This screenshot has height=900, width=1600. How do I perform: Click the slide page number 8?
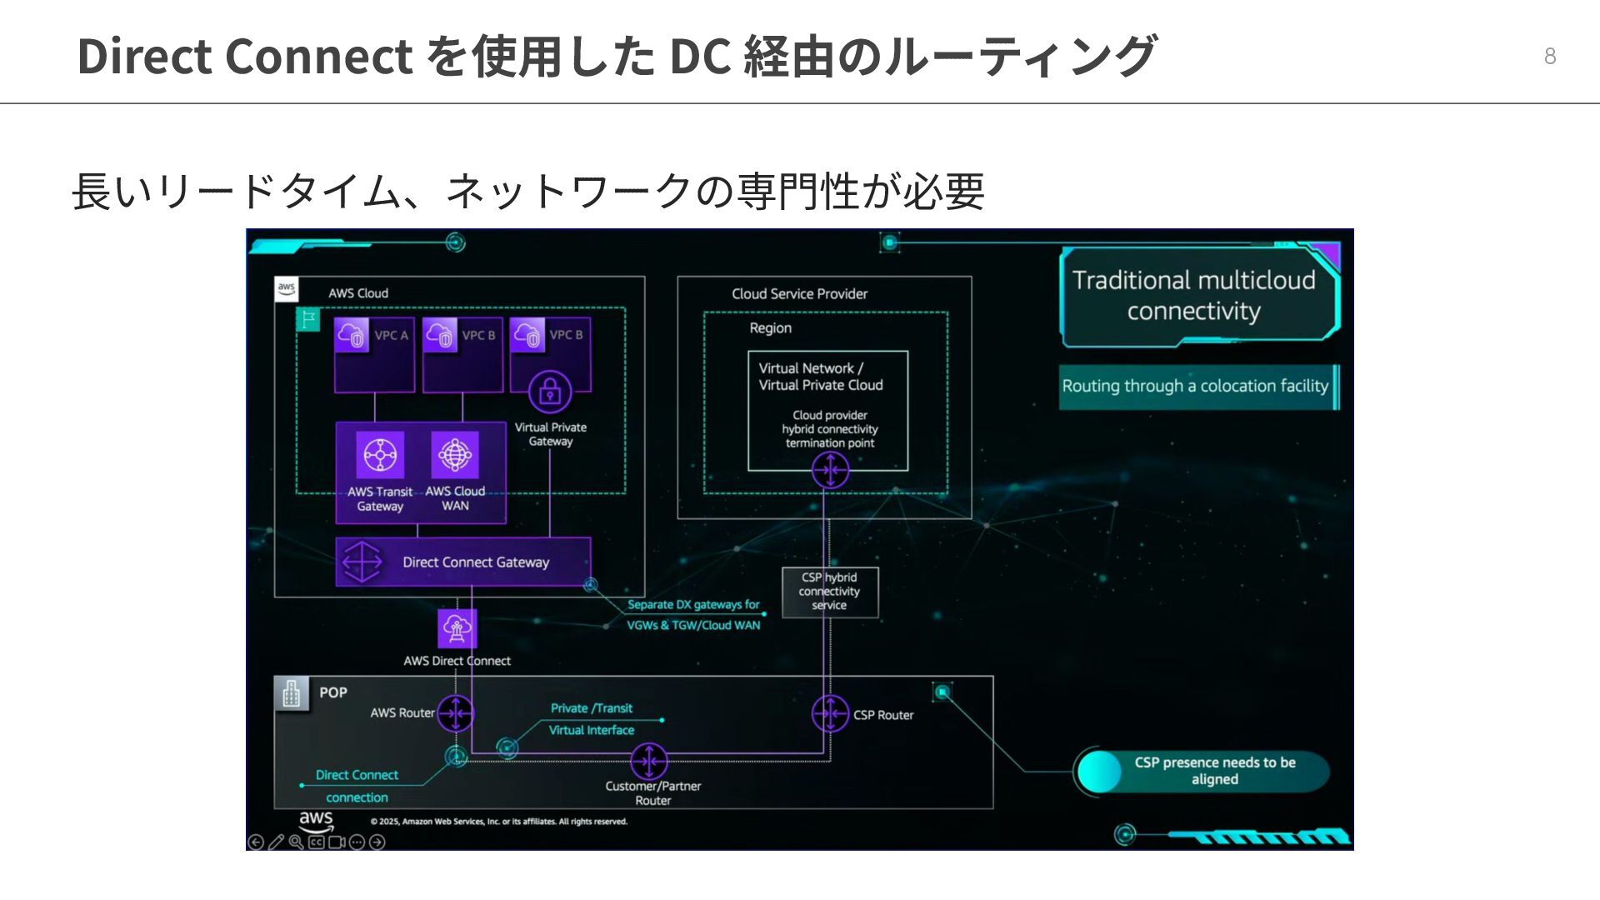tap(1549, 56)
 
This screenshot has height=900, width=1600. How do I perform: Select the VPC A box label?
tap(391, 335)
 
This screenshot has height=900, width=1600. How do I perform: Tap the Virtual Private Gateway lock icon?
tap(550, 392)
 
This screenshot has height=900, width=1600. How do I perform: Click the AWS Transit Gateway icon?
tap(380, 455)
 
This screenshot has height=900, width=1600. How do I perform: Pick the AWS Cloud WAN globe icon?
tap(455, 455)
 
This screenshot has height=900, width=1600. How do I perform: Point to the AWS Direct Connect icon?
tap(457, 628)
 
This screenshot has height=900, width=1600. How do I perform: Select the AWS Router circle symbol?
tap(456, 713)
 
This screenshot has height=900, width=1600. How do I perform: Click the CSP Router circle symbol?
tap(830, 714)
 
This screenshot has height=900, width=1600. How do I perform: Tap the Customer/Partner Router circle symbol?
tap(649, 761)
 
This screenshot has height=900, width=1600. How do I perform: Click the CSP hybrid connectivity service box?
tap(829, 592)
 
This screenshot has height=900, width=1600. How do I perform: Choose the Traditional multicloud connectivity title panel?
tap(1193, 296)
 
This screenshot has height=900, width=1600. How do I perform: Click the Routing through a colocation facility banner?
tap(1195, 386)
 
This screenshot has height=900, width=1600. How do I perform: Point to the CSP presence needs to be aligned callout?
tap(1213, 771)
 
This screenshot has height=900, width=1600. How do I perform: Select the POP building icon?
tap(291, 693)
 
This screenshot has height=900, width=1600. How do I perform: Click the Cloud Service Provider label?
tap(799, 294)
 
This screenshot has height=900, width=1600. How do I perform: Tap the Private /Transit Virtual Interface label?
tap(592, 719)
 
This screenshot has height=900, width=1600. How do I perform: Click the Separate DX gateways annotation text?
tap(693, 615)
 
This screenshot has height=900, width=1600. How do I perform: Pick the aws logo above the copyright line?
tap(316, 820)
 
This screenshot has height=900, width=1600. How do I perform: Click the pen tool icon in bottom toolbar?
tap(276, 842)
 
